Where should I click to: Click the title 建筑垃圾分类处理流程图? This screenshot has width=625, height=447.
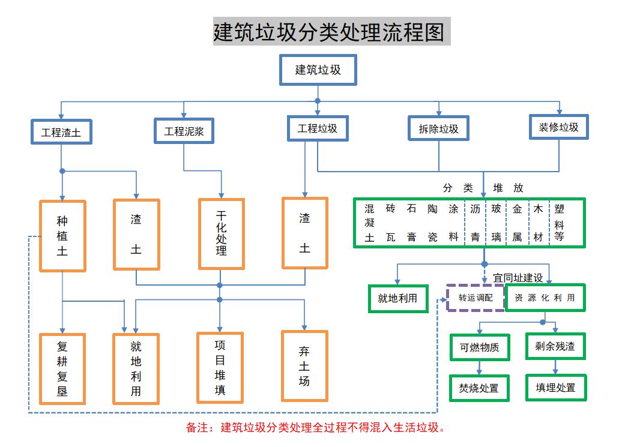(x=331, y=31)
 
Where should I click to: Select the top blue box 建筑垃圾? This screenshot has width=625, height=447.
(x=318, y=70)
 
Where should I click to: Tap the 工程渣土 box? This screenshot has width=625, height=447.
(x=61, y=132)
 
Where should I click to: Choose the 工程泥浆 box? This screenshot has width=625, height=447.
(x=184, y=131)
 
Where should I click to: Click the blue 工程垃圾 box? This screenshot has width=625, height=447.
(x=318, y=128)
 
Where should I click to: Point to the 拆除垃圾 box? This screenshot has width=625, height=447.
(x=438, y=128)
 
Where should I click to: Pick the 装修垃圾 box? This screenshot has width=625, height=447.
(x=558, y=127)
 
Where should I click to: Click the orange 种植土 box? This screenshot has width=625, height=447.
(x=62, y=236)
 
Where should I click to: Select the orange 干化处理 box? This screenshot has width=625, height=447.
(x=222, y=233)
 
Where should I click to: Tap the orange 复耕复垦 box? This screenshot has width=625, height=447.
(x=62, y=369)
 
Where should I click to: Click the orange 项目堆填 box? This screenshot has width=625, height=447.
(x=220, y=368)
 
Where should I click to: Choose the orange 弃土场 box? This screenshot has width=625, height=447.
(x=304, y=365)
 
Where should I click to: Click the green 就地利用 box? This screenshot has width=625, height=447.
(x=397, y=298)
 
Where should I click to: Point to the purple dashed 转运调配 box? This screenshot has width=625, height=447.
(x=476, y=297)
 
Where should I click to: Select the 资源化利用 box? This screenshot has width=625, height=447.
(x=545, y=298)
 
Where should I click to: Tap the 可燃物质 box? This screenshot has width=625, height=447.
(x=480, y=347)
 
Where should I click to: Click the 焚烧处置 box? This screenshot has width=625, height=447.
(x=480, y=388)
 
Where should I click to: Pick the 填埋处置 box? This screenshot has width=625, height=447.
(x=555, y=388)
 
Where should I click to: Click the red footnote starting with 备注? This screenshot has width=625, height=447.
(x=316, y=428)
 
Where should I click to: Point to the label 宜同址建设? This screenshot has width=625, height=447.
(x=518, y=278)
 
